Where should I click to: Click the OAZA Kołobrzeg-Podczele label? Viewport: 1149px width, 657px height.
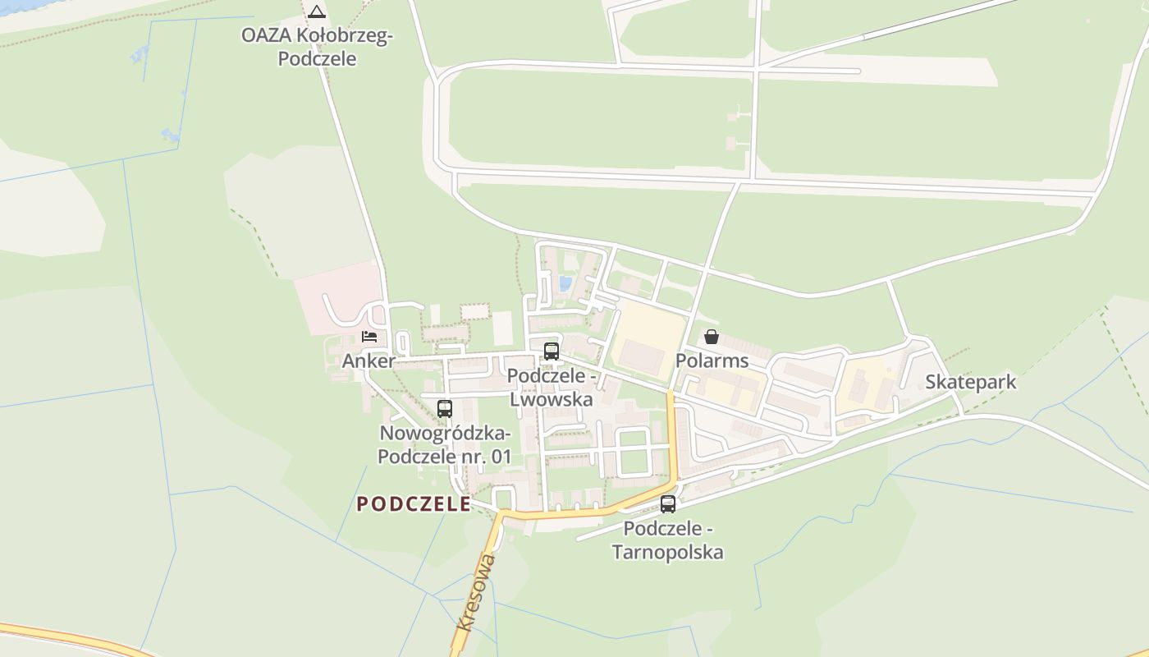[318, 47]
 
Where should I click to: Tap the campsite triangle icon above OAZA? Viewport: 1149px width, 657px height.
[317, 11]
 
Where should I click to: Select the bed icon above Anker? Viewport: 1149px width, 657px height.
[369, 337]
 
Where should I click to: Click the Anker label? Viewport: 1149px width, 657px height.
[369, 361]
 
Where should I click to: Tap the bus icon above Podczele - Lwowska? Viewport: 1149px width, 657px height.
[552, 351]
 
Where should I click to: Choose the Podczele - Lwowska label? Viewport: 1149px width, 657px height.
[551, 388]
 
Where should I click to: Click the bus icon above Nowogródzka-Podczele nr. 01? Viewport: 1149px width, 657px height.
[445, 408]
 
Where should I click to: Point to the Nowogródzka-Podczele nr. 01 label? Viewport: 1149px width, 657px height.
[444, 444]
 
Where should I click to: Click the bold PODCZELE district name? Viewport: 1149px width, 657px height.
[414, 503]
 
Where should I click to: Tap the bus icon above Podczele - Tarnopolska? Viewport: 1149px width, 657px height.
[668, 504]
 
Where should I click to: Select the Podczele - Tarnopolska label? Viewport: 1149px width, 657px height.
[668, 540]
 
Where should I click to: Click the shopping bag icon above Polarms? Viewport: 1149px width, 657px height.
[712, 337]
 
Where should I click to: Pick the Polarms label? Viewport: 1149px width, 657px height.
[712, 361]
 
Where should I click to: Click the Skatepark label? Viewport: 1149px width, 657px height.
[971, 382]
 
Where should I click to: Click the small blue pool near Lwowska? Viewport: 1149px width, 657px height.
[565, 283]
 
